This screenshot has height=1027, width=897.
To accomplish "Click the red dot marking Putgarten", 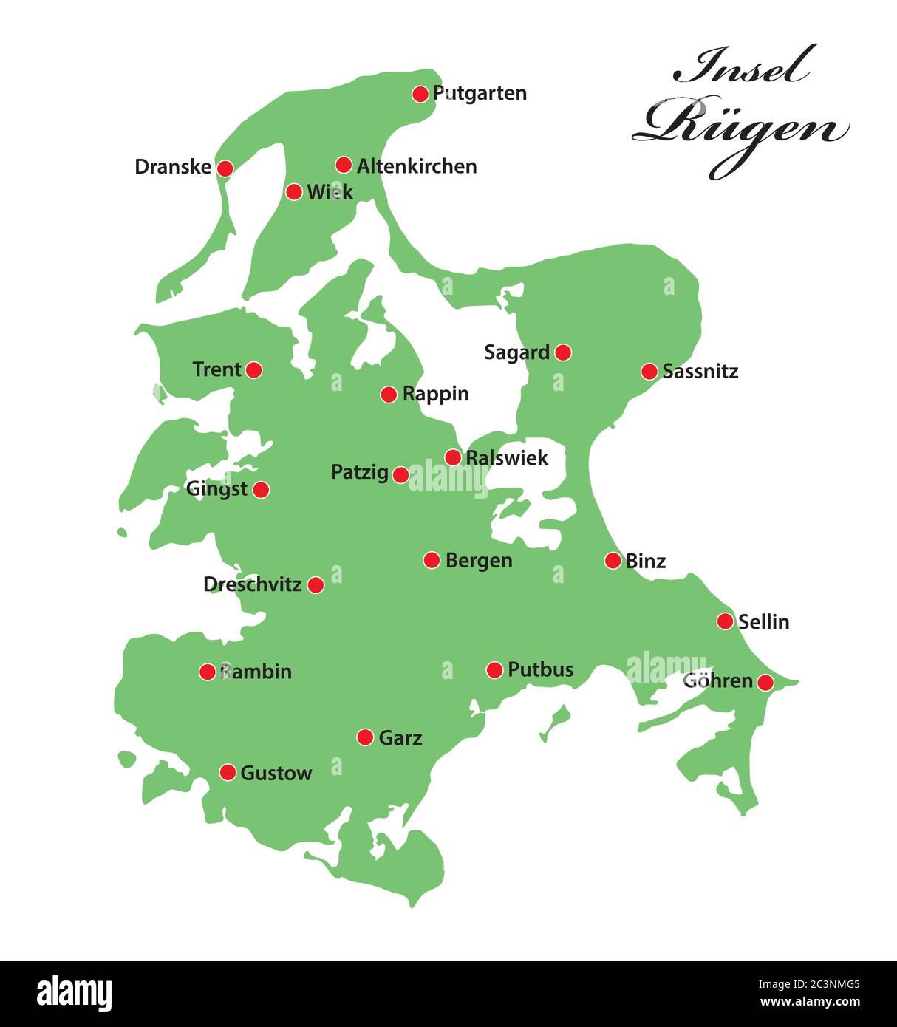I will (x=420, y=94).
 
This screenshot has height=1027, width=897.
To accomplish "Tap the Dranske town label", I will (x=173, y=167).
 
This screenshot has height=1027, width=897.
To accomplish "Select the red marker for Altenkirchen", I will (x=344, y=165).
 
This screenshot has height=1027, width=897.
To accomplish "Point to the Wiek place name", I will (x=330, y=192).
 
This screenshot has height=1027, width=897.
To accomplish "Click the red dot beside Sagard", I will (x=563, y=352).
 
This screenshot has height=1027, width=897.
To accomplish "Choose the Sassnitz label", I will (x=700, y=371).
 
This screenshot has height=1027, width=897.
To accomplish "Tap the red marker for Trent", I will (x=253, y=369).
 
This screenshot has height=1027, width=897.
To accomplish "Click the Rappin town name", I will (x=435, y=394).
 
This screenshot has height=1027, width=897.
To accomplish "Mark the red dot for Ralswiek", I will (x=453, y=457).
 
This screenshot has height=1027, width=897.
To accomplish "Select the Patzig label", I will (x=359, y=472).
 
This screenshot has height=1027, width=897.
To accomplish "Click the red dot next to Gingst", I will (x=261, y=489).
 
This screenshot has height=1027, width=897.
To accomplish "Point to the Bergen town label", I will (x=478, y=561).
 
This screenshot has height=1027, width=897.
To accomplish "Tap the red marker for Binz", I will (x=613, y=561).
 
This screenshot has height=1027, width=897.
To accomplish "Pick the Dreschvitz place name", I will (x=252, y=584).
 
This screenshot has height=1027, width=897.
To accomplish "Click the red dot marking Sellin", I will (x=725, y=621).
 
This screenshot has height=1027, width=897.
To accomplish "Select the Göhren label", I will (x=717, y=680).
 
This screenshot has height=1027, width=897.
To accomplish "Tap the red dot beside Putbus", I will (x=494, y=670).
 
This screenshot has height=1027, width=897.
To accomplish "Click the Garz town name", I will (x=400, y=737).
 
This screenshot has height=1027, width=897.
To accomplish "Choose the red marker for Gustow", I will (x=228, y=773).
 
